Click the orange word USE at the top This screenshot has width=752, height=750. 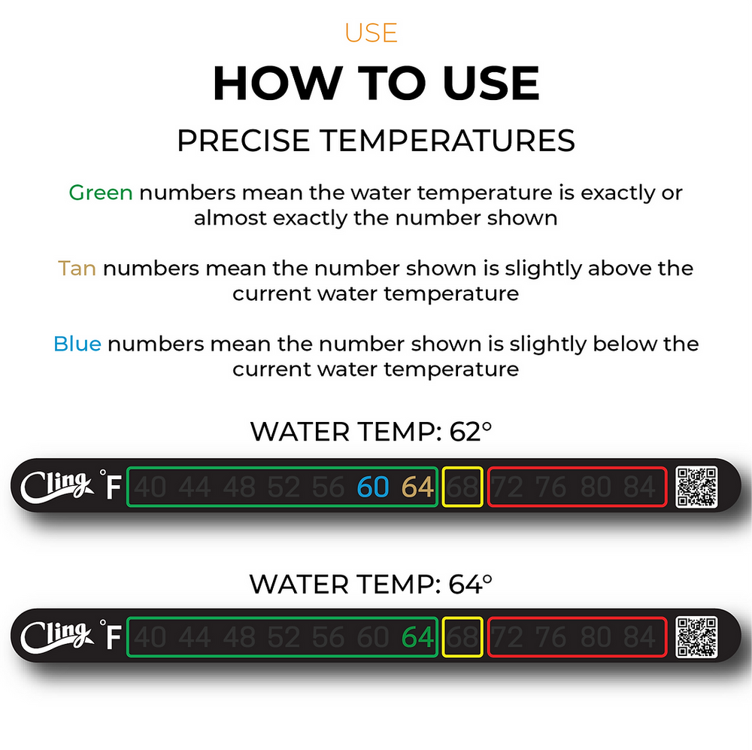point(371,33)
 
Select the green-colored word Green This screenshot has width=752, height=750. point(101,193)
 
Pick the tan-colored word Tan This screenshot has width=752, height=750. point(77,269)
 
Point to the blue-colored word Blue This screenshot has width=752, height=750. point(77,345)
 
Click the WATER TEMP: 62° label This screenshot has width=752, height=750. point(371,432)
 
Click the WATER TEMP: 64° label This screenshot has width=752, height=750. point(371,584)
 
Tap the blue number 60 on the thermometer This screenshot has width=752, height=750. point(373,487)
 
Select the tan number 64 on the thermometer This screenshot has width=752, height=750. point(417,487)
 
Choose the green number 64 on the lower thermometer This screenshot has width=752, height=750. point(417,638)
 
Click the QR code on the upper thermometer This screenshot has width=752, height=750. point(696,487)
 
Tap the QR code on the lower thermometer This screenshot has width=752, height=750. point(696,637)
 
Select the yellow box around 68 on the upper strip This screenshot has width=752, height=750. point(462,487)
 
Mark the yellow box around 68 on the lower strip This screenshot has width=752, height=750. point(462,638)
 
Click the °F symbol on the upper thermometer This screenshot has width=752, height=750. point(111,486)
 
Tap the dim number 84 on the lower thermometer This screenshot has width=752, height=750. point(639,638)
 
